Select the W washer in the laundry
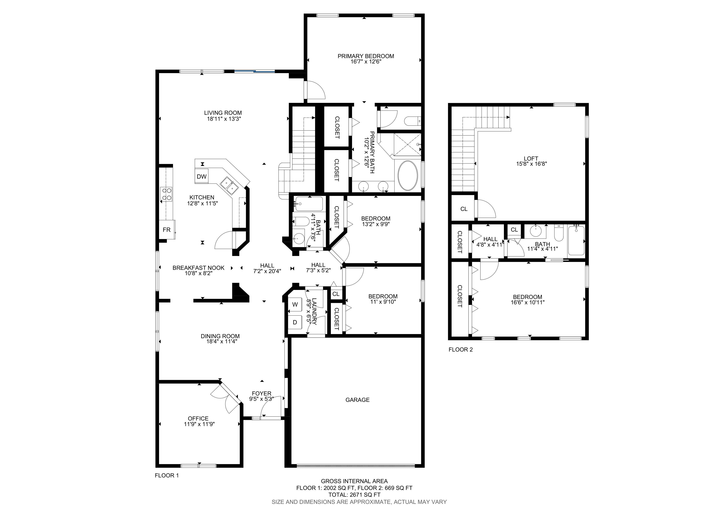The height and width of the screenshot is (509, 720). tap(295, 304)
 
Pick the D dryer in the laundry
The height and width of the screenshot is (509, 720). tap(295, 322)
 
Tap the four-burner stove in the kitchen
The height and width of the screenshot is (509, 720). tap(166, 194)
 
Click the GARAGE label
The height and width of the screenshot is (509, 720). tap(358, 400)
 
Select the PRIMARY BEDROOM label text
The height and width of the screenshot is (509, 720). tap(366, 56)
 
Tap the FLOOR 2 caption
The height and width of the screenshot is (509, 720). tap(460, 350)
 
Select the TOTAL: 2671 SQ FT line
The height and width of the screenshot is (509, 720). tap(354, 495)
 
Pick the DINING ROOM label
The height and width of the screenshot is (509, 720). tap(220, 336)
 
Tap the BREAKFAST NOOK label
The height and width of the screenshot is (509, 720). tap(198, 268)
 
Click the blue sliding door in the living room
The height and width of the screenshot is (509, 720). tap(255, 71)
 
